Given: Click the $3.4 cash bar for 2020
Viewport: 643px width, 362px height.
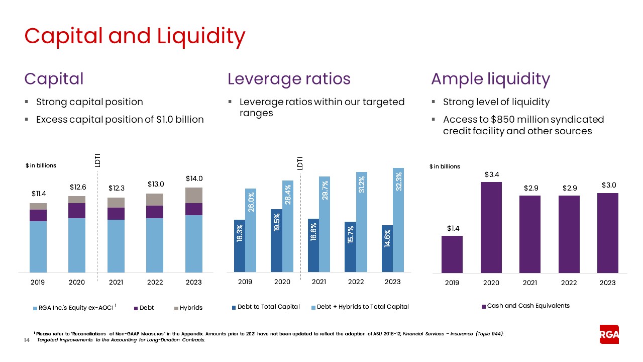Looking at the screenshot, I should pyautogui.click(x=491, y=227).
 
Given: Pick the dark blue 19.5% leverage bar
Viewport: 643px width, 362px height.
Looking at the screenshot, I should pyautogui.click(x=276, y=241).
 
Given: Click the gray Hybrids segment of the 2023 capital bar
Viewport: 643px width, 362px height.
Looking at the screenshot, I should pyautogui.click(x=194, y=195).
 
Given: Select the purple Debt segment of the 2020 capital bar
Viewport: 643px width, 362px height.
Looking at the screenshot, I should pyautogui.click(x=77, y=211).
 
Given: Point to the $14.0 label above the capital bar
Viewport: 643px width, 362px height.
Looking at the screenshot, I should pyautogui.click(x=194, y=178).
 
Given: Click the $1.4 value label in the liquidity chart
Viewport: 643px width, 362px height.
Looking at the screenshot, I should pyautogui.click(x=452, y=228).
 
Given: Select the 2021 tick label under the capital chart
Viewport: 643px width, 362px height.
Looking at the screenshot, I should pyautogui.click(x=116, y=283).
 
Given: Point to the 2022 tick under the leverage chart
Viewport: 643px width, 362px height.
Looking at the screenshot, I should pyautogui.click(x=356, y=282).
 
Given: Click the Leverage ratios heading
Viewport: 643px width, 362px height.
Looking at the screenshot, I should pyautogui.click(x=289, y=79).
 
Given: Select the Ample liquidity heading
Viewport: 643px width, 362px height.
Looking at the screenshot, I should pyautogui.click(x=490, y=79).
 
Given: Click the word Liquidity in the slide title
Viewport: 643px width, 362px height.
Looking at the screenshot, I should pyautogui.click(x=201, y=36).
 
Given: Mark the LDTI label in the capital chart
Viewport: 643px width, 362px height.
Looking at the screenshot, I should pyautogui.click(x=97, y=160).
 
